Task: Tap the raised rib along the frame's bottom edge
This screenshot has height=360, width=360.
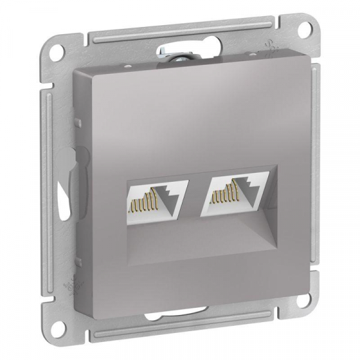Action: pyautogui.click(x=204, y=328)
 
